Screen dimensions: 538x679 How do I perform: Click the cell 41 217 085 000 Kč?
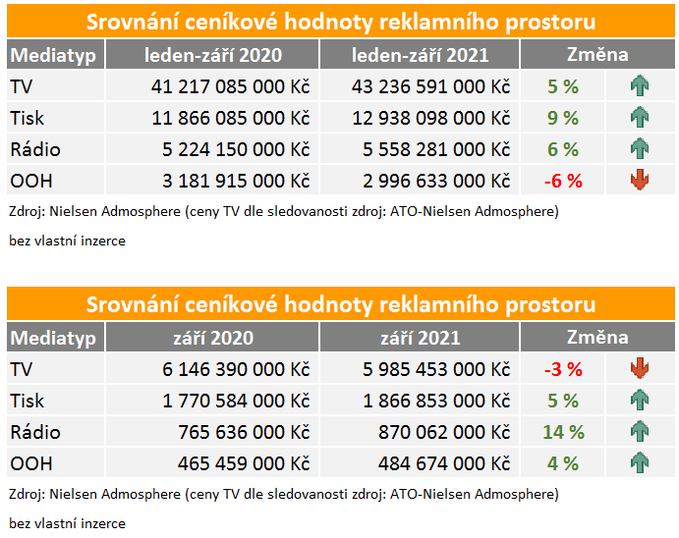(230, 87)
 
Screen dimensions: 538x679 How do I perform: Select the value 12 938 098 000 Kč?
(431, 119)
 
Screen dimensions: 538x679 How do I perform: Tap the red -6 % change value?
(563, 182)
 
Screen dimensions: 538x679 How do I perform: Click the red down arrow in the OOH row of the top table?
(640, 181)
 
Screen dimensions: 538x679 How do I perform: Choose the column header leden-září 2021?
(421, 56)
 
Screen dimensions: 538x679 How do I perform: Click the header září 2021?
(421, 339)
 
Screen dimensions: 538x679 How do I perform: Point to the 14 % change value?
(563, 433)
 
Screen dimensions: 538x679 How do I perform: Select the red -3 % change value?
(563, 370)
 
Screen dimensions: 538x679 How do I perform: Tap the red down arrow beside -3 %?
(640, 369)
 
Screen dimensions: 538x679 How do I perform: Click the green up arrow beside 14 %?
(640, 432)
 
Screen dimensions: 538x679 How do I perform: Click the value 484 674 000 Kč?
(444, 464)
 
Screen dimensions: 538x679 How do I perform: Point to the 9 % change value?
(563, 119)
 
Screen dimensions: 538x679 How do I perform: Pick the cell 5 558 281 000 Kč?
(436, 150)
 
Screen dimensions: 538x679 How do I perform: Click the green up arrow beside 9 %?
(640, 118)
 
